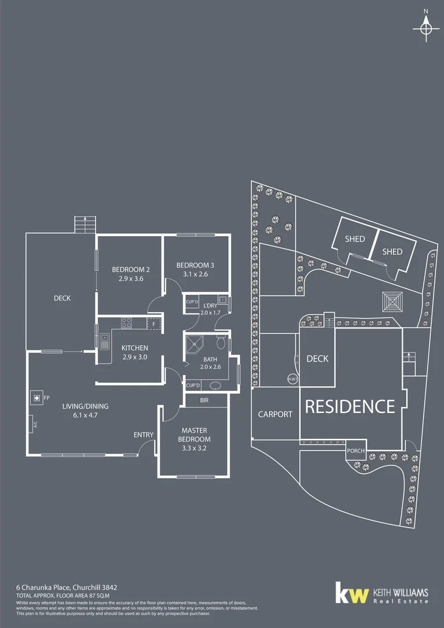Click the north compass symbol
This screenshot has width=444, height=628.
426,28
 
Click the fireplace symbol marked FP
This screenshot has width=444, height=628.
37,398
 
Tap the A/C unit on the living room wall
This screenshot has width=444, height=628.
30,425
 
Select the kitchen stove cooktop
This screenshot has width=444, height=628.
128,323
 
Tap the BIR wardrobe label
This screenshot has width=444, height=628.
204,401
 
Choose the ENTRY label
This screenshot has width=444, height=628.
144,434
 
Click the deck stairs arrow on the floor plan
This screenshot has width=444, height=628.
85,224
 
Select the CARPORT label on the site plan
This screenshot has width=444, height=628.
275,415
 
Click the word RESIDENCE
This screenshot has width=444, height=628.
350,406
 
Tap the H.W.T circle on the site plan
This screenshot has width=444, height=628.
292,380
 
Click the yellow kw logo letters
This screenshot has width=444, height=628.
353,594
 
